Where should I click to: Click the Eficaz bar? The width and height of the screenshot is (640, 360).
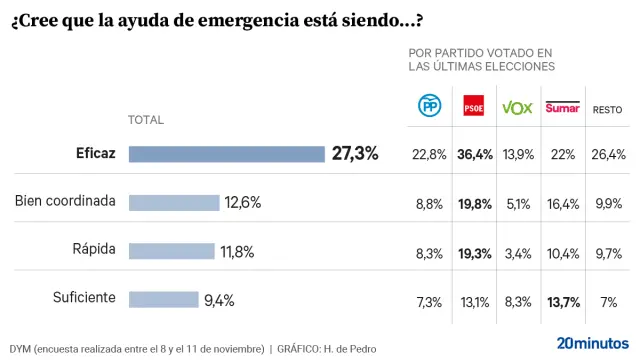tap(227, 154)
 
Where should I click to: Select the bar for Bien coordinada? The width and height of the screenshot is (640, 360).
tap(174, 202)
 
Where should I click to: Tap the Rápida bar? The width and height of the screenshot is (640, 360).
tap(172, 251)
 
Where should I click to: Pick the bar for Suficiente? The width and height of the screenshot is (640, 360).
tap(164, 298)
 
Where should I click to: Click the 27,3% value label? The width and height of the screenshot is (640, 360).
tap(355, 154)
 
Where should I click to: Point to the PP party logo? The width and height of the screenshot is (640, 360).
tap(428, 107)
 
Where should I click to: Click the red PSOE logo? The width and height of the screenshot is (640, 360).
tap(473, 107)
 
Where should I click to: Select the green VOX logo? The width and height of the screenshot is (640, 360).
tap(516, 107)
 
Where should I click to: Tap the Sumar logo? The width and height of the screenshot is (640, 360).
tap(562, 106)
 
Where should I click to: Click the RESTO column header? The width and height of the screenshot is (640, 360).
tap(609, 109)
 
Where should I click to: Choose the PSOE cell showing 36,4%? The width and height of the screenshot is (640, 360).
tap(475, 154)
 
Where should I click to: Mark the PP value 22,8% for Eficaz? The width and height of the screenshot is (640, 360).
tap(429, 154)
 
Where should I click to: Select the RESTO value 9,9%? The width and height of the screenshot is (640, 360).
tap(609, 202)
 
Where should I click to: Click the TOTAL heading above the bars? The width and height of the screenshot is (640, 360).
tap(146, 120)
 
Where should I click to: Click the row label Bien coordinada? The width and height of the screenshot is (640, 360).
tap(65, 202)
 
